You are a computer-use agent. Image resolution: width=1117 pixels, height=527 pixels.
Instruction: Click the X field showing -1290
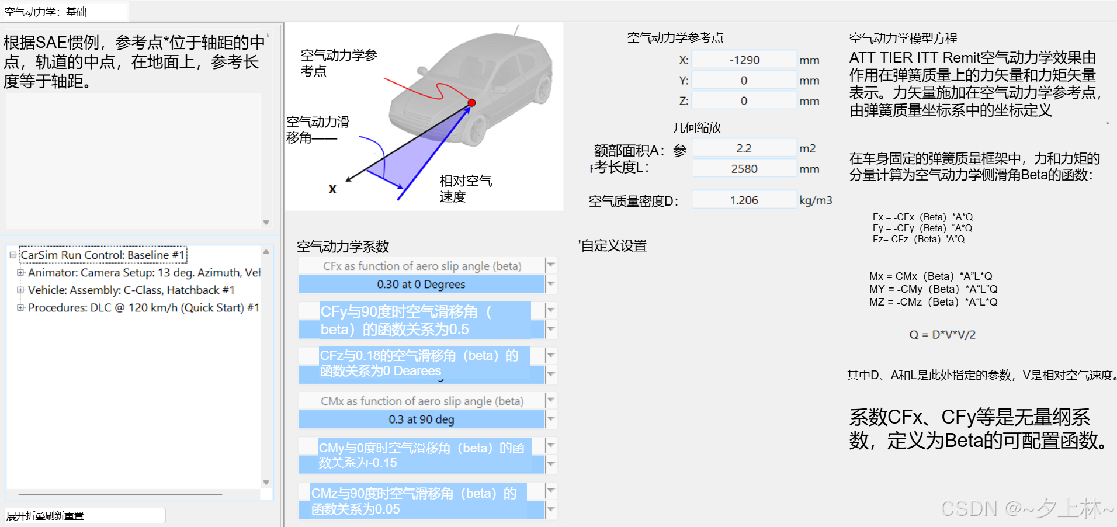tap(744, 60)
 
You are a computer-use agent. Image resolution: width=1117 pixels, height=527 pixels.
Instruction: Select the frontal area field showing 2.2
tap(744, 148)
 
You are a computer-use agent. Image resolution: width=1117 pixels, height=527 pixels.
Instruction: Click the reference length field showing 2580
tap(744, 169)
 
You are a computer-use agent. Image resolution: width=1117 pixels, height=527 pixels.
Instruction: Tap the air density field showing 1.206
tap(744, 200)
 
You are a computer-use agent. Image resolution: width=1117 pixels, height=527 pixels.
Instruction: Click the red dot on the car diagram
tap(471, 103)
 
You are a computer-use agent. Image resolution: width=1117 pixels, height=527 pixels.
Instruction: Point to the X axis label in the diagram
tap(332, 189)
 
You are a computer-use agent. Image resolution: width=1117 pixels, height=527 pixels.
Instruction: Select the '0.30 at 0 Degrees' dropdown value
tap(421, 285)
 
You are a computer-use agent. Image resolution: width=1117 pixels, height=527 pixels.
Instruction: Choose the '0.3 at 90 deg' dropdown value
tap(421, 419)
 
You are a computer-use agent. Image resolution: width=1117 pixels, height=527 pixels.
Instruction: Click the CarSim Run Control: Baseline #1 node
tap(103, 255)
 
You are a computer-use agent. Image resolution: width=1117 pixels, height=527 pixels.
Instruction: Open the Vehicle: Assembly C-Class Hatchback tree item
tap(131, 290)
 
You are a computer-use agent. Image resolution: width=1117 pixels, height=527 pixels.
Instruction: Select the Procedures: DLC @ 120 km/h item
tap(143, 308)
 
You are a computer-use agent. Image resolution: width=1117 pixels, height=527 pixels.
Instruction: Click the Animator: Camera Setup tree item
tap(144, 273)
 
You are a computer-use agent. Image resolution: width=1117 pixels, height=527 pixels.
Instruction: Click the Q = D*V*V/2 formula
tap(942, 335)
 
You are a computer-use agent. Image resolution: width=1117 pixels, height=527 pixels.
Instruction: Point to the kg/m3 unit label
tap(816, 200)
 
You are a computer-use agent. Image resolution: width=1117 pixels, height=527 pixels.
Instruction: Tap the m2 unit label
tap(807, 148)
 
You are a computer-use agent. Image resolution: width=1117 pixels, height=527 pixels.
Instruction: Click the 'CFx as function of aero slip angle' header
tap(422, 266)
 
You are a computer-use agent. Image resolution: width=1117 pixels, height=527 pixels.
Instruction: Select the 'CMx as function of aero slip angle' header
tap(422, 401)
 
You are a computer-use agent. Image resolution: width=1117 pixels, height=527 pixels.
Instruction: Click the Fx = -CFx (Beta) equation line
tap(922, 217)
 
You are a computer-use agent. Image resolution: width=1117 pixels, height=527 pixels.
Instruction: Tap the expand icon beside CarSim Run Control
tap(13, 255)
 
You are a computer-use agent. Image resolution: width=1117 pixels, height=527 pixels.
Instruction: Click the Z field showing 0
tap(744, 101)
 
